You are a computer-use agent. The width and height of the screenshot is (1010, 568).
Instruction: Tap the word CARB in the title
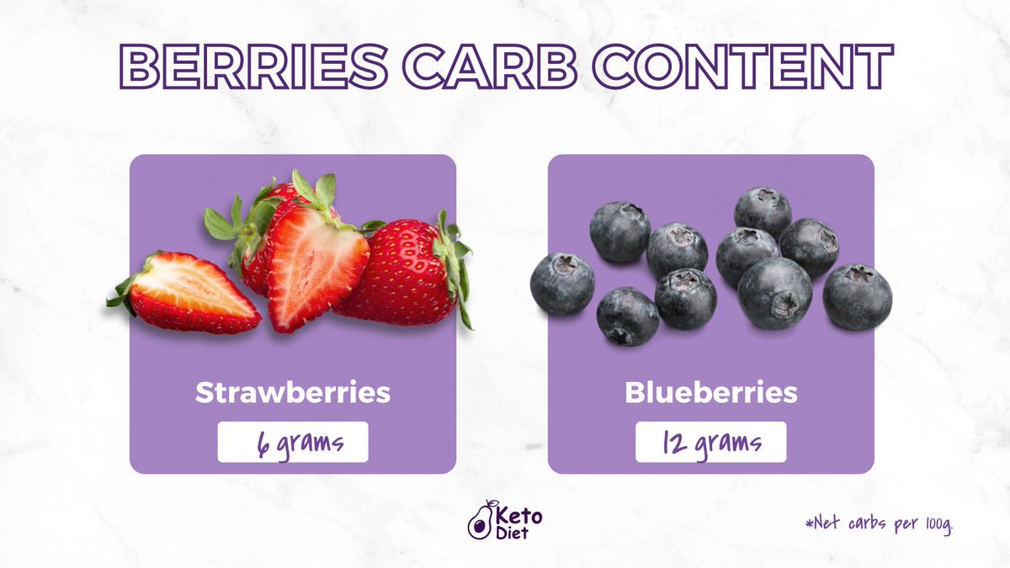(488, 66)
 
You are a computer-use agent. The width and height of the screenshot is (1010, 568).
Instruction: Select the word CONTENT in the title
(731, 66)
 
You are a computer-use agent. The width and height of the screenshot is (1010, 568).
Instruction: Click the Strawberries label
(293, 393)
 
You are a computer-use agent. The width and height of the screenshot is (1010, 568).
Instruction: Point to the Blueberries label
(710, 393)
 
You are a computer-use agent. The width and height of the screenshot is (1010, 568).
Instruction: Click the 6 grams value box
(293, 442)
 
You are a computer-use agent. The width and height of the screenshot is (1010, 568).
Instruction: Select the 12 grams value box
(710, 442)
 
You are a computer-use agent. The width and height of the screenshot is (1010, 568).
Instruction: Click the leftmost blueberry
(562, 284)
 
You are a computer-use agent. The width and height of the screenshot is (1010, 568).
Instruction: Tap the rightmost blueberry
(857, 296)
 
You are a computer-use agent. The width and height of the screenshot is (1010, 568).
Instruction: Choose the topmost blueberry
(763, 210)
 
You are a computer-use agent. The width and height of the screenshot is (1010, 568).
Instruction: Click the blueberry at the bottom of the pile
(627, 316)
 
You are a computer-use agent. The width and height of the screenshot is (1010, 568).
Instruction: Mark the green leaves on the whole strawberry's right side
(459, 265)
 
